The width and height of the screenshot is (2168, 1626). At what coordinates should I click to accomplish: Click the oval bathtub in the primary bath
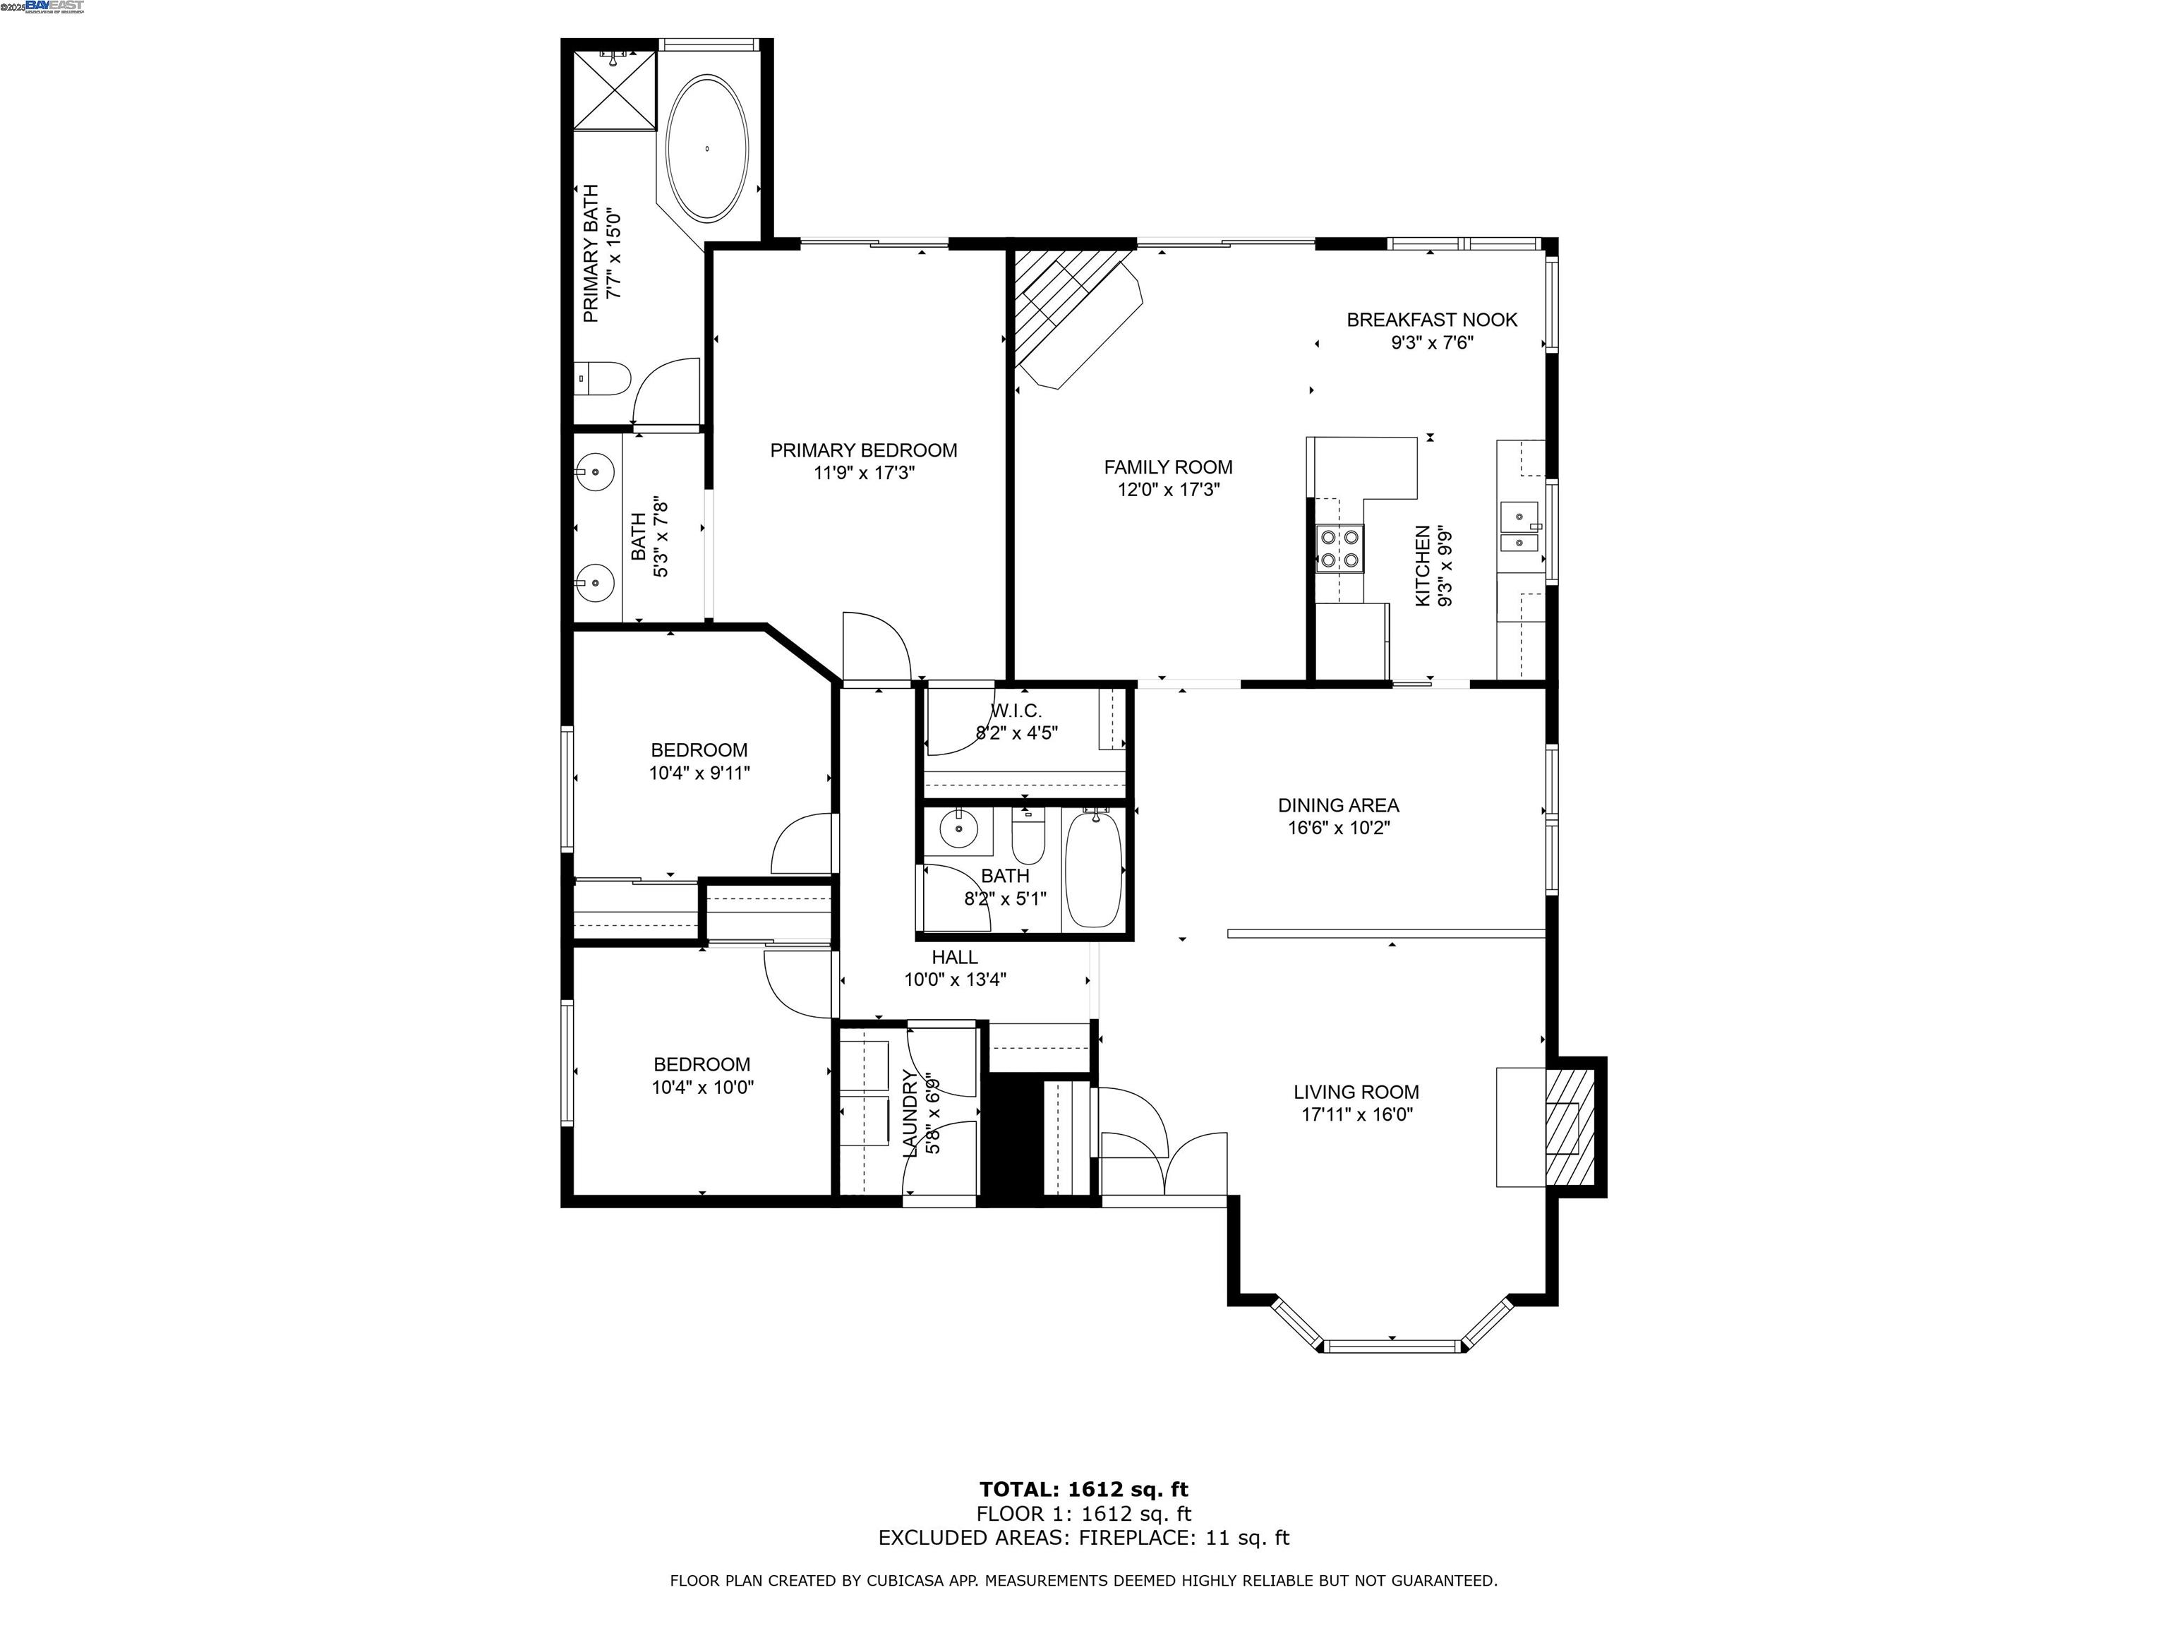point(706,149)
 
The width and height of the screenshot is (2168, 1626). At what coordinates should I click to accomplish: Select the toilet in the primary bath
point(603,378)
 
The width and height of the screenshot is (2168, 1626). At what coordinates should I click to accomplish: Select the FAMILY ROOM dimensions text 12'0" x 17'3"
point(1167,490)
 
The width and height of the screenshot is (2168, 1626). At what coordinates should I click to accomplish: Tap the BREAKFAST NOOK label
point(1431,320)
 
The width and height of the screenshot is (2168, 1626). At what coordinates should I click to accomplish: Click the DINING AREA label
point(1338,805)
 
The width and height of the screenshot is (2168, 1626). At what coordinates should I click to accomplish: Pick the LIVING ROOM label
point(1356,1092)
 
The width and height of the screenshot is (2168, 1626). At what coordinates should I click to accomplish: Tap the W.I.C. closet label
point(1016,711)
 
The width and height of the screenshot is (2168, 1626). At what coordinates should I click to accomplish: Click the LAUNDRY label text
point(910,1114)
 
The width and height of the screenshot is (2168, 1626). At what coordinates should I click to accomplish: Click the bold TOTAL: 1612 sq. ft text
point(1083,1490)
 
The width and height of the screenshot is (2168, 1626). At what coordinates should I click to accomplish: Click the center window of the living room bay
point(1392,1346)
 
